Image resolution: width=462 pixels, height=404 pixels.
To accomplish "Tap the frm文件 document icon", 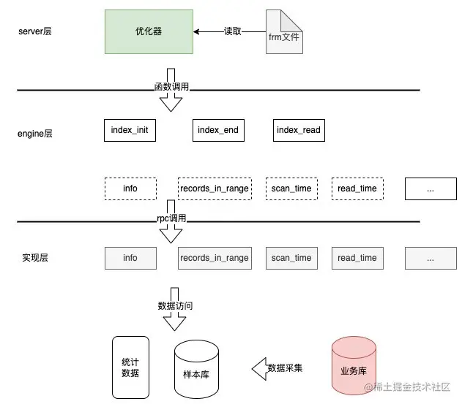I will point(284,31).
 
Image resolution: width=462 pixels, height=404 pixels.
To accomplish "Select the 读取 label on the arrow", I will point(232,31).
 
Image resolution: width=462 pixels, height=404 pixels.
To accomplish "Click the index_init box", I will point(130,130).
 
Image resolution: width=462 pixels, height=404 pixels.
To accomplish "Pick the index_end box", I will point(218,130).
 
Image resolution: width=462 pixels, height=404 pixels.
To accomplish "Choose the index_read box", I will point(298,130).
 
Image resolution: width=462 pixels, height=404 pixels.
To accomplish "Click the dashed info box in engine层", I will point(130,188).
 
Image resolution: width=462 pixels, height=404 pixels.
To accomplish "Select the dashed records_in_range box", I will point(214,188).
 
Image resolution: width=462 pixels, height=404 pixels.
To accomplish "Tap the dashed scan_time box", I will point(291,188).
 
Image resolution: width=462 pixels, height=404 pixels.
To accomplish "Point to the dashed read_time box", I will point(357,188).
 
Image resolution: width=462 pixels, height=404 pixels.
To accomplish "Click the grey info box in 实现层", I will point(130,258).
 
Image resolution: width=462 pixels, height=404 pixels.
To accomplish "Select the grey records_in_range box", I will point(214,258).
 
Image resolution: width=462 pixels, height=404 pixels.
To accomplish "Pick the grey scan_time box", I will point(291,258).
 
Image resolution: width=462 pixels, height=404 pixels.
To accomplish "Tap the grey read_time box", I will point(357,258).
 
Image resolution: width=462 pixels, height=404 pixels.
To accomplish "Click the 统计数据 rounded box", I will point(130,367).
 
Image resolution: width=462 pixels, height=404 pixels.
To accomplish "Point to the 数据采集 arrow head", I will point(259,368).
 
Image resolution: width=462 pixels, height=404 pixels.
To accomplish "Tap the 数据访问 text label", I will point(176,306).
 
